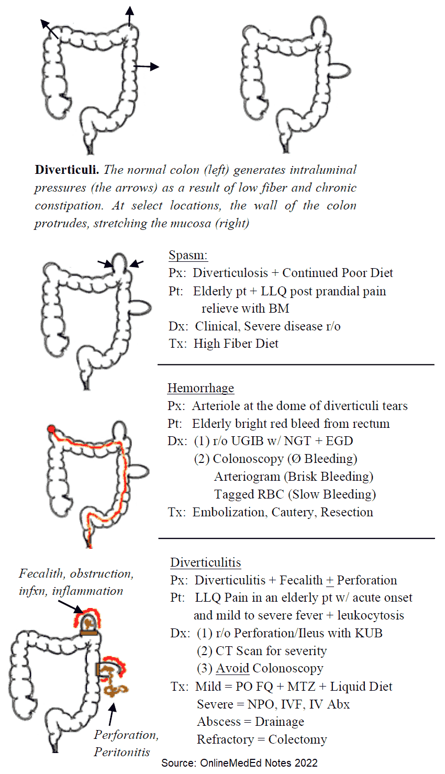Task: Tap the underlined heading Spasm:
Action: point(188,256)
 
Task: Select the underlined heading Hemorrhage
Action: point(201,388)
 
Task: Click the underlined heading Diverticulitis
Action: point(206,563)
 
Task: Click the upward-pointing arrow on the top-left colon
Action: point(130,16)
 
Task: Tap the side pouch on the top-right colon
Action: point(339,69)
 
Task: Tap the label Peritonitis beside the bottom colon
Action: point(122,753)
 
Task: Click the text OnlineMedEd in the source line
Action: point(231,763)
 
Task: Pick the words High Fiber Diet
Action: point(236,344)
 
